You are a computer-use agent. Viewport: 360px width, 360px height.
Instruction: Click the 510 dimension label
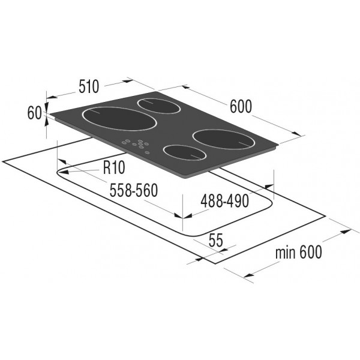89,86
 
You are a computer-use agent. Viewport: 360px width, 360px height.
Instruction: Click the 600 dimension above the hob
241,106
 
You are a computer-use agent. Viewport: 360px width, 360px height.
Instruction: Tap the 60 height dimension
34,113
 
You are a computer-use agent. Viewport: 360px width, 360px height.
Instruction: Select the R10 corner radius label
114,167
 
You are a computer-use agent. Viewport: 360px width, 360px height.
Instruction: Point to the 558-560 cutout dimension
134,190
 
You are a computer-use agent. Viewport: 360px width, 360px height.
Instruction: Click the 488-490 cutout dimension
224,201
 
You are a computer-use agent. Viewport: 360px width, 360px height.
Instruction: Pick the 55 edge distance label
216,241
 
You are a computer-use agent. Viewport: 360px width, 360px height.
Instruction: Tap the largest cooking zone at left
119,119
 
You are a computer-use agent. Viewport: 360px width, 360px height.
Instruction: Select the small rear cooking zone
158,106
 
